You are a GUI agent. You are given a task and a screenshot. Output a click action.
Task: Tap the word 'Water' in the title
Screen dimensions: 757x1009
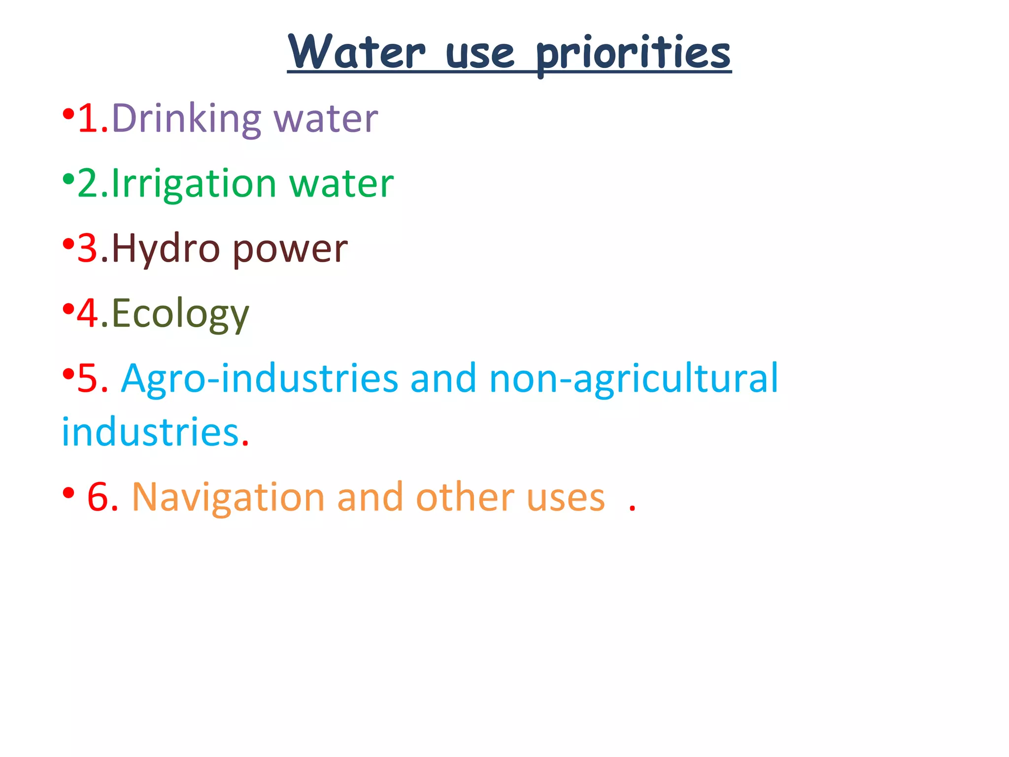click(356, 52)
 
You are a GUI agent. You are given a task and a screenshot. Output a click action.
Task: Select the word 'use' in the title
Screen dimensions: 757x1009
click(480, 54)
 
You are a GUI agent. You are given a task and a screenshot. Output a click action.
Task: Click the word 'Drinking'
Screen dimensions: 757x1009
click(186, 119)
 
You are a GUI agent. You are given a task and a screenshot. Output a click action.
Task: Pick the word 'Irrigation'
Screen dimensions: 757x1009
click(194, 184)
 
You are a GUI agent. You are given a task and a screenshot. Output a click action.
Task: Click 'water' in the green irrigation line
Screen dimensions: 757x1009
click(341, 184)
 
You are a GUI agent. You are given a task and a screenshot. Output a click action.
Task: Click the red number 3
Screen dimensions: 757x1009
click(88, 249)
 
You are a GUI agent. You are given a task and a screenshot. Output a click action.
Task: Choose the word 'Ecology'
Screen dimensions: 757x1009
click(180, 314)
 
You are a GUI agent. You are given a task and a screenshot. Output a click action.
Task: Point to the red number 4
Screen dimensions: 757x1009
click(88, 313)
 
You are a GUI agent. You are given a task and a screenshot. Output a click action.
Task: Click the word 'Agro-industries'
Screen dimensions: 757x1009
click(260, 378)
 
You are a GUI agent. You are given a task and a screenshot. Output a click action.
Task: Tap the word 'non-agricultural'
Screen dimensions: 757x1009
click(634, 378)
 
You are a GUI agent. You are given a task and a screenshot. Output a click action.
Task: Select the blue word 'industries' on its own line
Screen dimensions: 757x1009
click(150, 432)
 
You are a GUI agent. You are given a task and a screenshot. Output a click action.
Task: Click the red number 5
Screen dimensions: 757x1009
click(88, 378)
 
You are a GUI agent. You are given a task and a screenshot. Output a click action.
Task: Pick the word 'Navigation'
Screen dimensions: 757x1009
click(228, 497)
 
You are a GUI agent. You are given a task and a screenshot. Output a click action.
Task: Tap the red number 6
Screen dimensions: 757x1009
click(98, 497)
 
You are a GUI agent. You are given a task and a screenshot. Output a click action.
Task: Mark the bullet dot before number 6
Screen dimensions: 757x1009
click(68, 492)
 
